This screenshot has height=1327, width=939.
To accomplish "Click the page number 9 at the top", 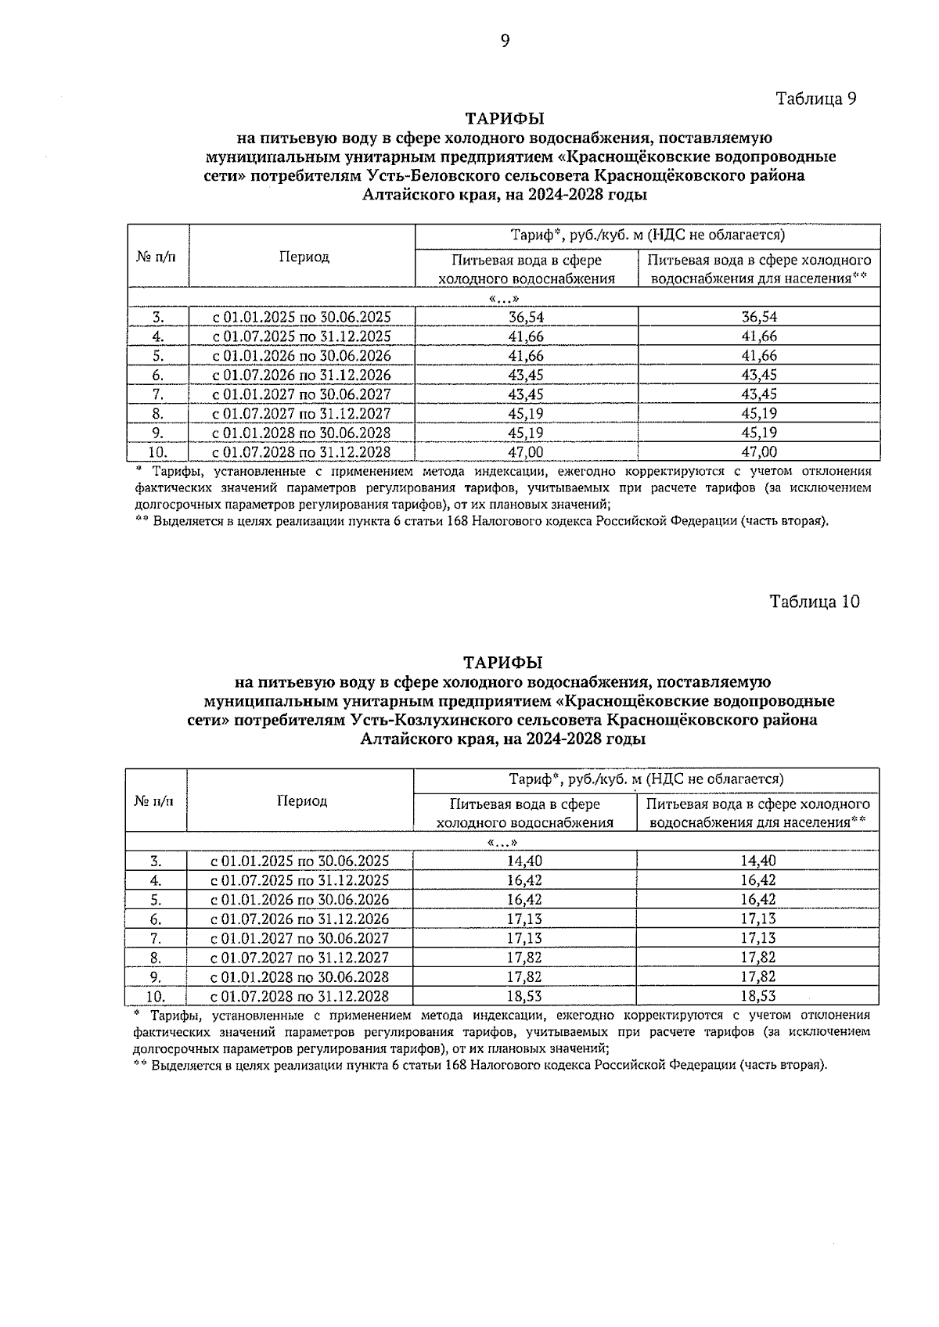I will pos(505,41).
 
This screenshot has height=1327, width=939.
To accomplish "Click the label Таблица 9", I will pos(816,99).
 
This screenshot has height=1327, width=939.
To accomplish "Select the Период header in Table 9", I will pos(304,257).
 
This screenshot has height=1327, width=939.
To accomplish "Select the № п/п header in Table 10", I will pos(155,800).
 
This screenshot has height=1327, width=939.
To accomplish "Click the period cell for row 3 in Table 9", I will pos(302,317).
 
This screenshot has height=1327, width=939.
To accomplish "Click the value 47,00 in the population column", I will pos(758,451).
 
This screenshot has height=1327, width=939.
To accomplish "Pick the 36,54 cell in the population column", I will pos(758,317).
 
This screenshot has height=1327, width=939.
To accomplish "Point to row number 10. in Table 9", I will pos(158,451).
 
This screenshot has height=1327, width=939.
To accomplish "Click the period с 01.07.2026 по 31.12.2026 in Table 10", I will pos(300,919).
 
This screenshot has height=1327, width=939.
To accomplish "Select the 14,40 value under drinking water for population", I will pos(757,861).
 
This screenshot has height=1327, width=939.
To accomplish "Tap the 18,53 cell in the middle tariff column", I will pos(524,996).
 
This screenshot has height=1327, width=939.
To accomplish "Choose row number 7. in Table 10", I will pos(156,938).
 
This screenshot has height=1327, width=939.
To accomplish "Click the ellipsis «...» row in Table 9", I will pos(504,298).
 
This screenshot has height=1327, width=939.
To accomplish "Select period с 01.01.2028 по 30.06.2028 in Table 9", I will pos(302,433).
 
